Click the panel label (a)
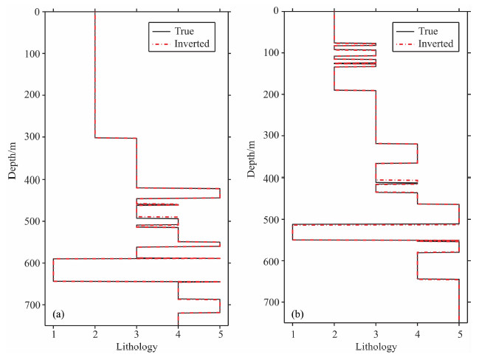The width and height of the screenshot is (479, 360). (x=59, y=315)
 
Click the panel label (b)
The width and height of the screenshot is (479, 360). (x=298, y=314)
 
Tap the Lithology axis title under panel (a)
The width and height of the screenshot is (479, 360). (x=137, y=347)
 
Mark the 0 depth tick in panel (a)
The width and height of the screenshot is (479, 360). (x=36, y=12)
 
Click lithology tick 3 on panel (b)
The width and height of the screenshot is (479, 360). (x=376, y=333)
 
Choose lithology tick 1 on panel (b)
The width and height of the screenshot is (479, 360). (x=292, y=333)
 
